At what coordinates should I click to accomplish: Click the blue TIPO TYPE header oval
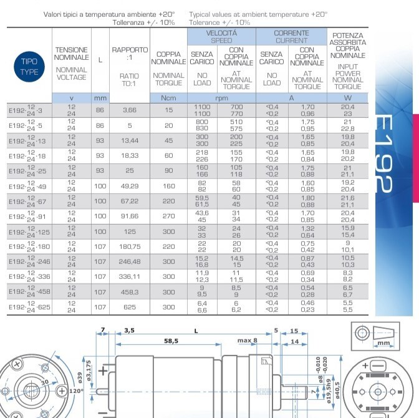[29, 67]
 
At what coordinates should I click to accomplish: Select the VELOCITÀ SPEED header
[221, 36]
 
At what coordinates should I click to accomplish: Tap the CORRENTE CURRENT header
[291, 36]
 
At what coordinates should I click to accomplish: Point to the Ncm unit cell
[168, 98]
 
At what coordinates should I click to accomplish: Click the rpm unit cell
[221, 98]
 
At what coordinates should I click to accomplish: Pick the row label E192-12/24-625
[28, 306]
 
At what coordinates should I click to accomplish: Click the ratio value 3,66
[129, 110]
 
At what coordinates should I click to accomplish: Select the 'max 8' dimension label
[248, 340]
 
